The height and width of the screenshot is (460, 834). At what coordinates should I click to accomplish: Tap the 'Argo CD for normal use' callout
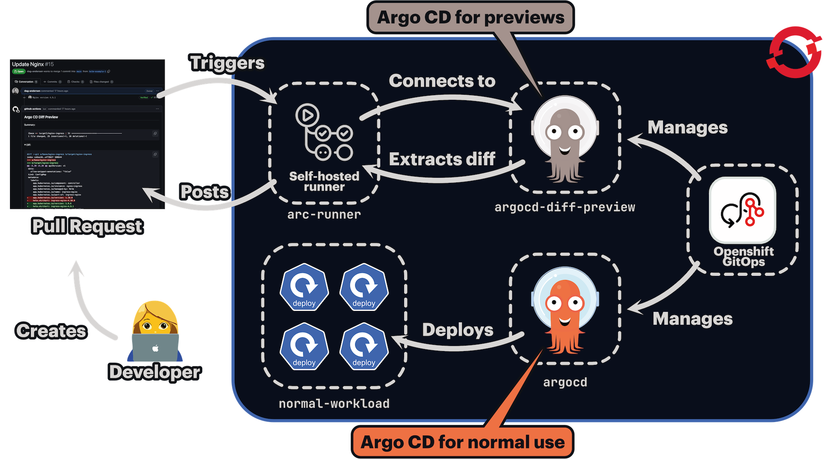point(462,442)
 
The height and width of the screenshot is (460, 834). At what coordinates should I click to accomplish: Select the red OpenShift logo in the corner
point(795,52)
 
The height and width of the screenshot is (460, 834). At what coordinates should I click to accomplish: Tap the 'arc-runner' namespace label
point(324,215)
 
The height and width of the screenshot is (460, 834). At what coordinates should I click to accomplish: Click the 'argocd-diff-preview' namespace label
point(565,207)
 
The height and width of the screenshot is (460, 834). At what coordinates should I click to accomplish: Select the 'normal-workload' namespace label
point(334,404)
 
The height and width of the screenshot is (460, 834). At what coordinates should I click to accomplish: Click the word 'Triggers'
point(227,63)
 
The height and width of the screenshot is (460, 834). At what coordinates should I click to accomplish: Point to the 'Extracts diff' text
point(442,159)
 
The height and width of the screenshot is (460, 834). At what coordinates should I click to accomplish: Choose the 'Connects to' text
point(442,81)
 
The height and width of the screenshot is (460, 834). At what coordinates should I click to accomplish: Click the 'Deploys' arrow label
point(457,330)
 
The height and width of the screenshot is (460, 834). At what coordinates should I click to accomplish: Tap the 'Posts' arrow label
point(204,192)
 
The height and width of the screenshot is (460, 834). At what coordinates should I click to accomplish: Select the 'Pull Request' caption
point(87,226)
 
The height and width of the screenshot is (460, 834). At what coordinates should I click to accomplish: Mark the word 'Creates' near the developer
point(51,331)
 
